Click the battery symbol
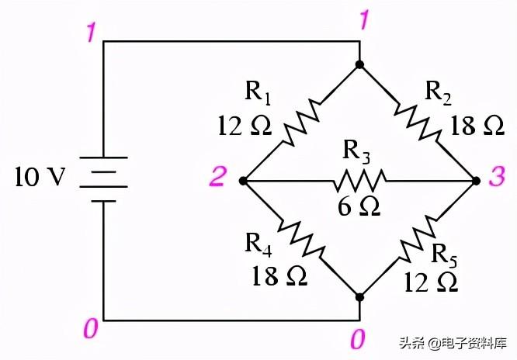(103, 179)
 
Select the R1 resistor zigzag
(301, 123)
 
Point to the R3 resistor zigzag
(359, 181)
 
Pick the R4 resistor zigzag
(301, 238)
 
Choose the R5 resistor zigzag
(417, 238)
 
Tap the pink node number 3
(497, 179)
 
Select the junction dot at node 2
(243, 181)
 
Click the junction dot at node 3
(475, 181)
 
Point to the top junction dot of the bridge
(359, 64)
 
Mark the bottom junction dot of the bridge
(359, 296)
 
